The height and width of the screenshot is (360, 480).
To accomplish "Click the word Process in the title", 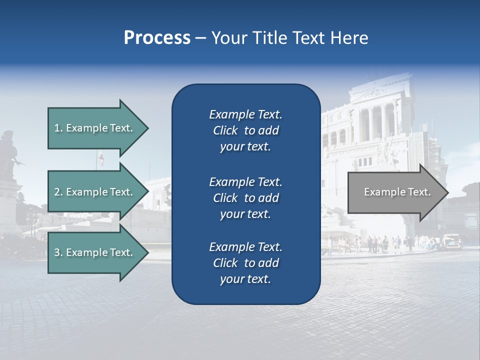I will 157,38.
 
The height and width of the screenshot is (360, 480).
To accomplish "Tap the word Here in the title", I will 349,38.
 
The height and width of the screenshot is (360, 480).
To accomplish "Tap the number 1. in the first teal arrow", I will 58,128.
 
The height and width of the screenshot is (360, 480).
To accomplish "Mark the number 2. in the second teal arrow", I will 58,192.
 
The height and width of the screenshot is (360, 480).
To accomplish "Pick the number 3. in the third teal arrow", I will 58,252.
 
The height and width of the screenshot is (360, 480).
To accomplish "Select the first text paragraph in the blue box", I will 245,130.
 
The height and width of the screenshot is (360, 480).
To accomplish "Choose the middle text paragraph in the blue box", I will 245,197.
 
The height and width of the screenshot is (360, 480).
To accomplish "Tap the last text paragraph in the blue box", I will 245,263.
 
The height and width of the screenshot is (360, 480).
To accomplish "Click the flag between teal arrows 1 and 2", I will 101,158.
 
